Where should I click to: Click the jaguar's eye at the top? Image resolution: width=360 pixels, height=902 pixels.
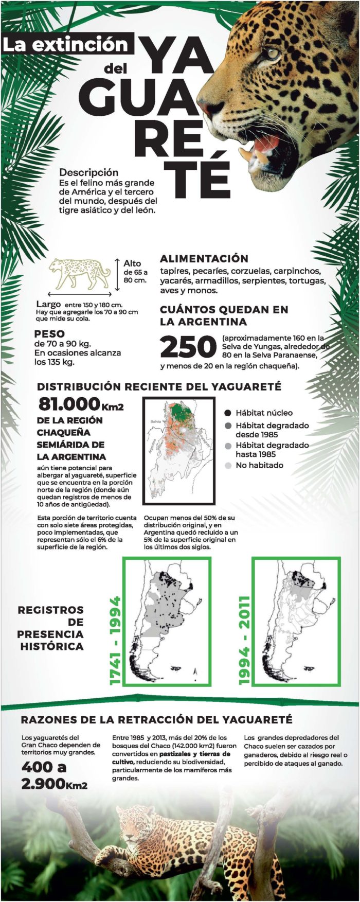point(272,53)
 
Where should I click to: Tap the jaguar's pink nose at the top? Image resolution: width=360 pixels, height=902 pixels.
point(207,107)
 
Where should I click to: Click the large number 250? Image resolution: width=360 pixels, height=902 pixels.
point(188,348)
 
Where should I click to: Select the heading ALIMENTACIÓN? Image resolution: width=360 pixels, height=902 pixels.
point(204,258)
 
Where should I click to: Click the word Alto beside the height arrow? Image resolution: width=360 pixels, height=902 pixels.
point(132,263)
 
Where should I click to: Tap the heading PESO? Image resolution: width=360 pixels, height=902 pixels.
point(49,334)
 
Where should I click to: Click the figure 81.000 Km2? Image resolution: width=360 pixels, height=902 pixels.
point(81,404)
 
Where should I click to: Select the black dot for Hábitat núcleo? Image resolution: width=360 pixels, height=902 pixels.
point(228,413)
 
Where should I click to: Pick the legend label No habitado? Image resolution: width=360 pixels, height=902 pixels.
point(259,465)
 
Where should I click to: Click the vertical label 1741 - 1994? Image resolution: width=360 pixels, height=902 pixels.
point(115,641)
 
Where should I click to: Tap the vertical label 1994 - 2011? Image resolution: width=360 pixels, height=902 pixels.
point(244,641)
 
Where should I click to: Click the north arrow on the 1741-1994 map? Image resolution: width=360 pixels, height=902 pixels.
point(195,671)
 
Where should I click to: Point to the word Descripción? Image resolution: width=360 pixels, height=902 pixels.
point(88,172)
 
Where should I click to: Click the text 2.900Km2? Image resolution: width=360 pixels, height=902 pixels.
point(54,784)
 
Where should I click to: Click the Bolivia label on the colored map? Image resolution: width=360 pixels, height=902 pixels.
point(156,421)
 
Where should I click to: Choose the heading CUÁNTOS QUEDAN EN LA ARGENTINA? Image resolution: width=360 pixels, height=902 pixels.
point(224,315)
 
